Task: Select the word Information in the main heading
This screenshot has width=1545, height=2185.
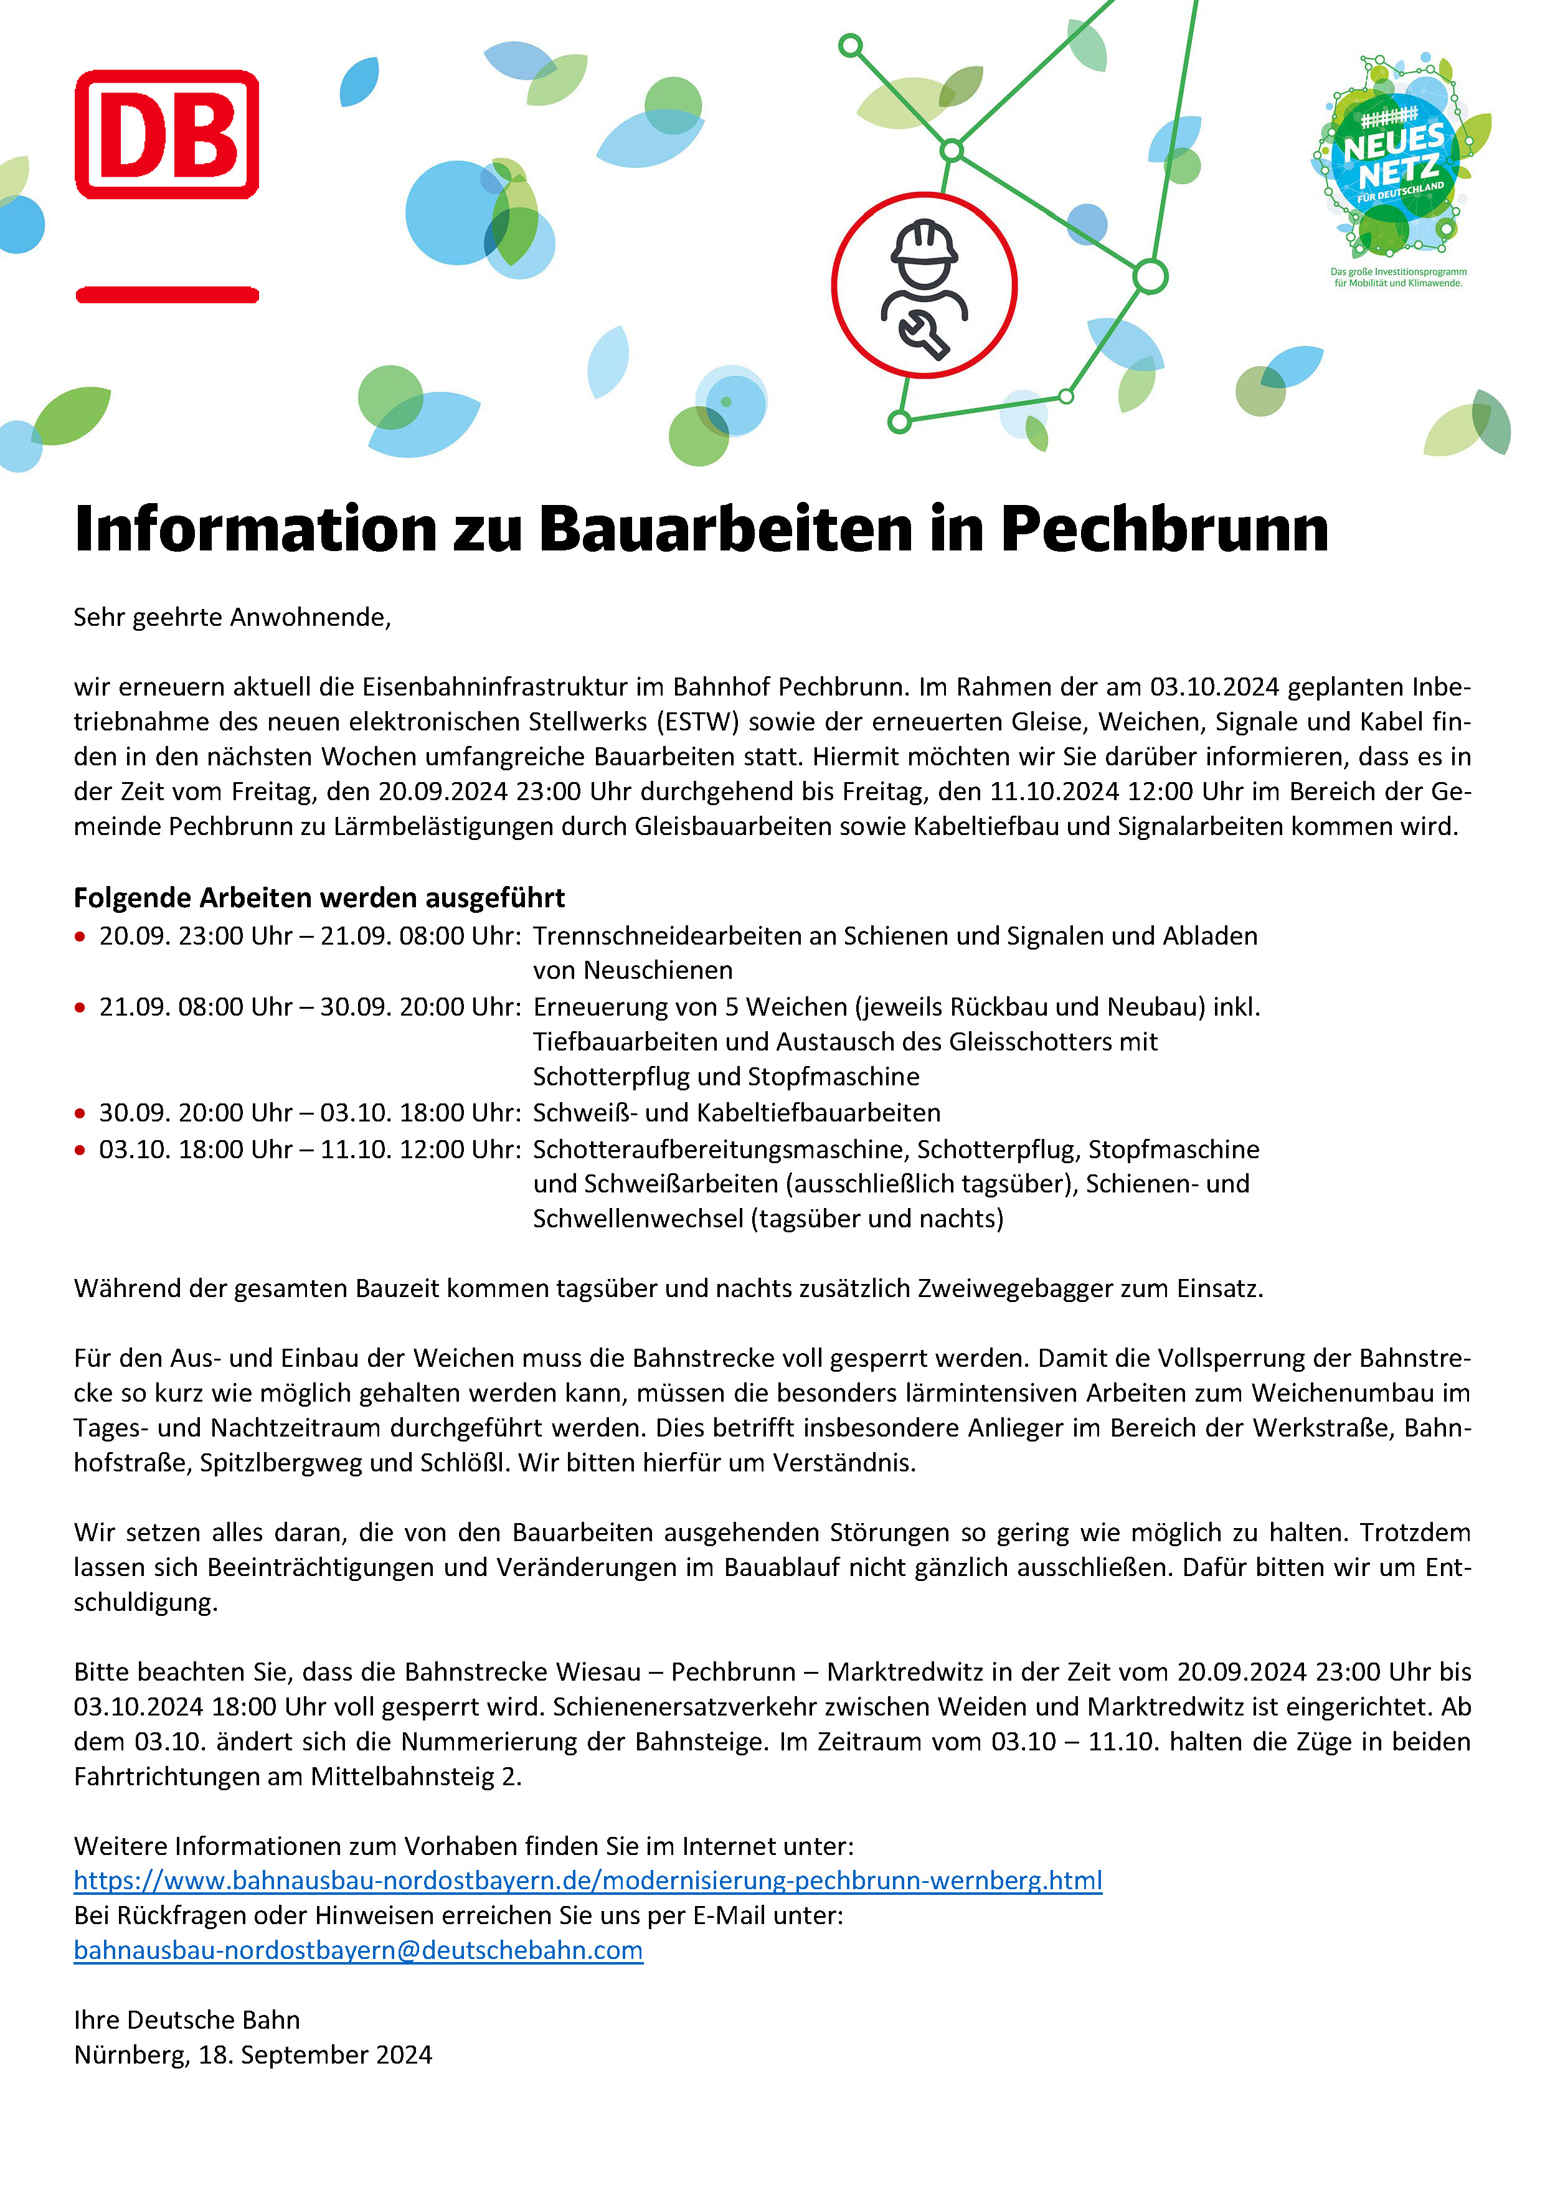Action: (x=255, y=529)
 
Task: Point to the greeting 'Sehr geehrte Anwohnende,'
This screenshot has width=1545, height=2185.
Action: (x=232, y=618)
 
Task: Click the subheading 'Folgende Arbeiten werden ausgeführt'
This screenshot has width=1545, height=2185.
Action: (x=319, y=897)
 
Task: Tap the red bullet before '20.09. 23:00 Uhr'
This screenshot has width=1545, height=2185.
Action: (x=80, y=937)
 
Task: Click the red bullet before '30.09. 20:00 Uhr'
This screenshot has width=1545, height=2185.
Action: (x=80, y=1113)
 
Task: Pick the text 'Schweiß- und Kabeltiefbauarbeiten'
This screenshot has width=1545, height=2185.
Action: (x=736, y=1113)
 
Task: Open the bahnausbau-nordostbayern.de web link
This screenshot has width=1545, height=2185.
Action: (x=587, y=1881)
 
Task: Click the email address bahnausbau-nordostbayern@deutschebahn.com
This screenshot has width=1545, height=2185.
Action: (x=358, y=1950)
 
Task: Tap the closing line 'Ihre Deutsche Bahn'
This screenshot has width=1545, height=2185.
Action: (x=187, y=2019)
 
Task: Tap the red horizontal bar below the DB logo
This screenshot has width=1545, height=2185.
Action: (x=167, y=295)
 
